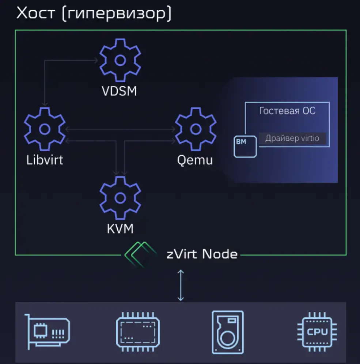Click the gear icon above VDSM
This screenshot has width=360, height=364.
tap(120, 60)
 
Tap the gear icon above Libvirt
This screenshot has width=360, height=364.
tap(45, 129)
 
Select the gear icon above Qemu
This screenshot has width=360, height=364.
tap(196, 129)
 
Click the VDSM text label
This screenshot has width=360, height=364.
tap(119, 91)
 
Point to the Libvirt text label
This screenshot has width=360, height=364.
tap(45, 160)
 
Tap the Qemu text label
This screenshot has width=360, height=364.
tap(195, 160)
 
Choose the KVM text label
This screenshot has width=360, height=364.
tap(120, 229)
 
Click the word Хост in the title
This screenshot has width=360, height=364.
tap(35, 14)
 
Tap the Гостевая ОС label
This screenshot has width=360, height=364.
tap(287, 111)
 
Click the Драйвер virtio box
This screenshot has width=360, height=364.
tap(292, 139)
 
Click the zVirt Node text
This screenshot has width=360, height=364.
tap(202, 254)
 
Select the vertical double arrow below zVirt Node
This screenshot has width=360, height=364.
tap(181, 285)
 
